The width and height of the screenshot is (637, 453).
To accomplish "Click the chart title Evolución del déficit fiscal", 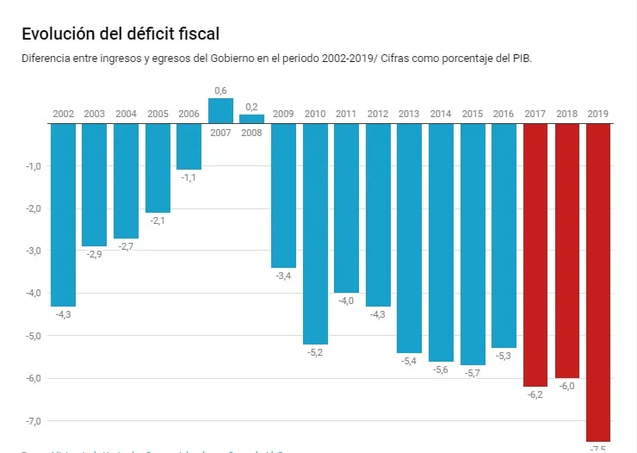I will tap(121, 34).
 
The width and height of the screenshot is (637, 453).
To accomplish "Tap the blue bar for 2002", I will tap(63, 215).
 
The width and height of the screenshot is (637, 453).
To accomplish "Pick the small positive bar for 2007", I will tap(221, 111).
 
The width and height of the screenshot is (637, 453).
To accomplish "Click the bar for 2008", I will tap(251, 120).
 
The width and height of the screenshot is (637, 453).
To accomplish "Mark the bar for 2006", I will tap(189, 146).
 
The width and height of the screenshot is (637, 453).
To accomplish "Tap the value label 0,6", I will tap(221, 90).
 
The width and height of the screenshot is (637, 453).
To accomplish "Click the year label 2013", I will tap(409, 114).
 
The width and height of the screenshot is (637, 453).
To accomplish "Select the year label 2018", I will tap(566, 114).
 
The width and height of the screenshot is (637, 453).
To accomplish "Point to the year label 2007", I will tap(221, 133).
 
